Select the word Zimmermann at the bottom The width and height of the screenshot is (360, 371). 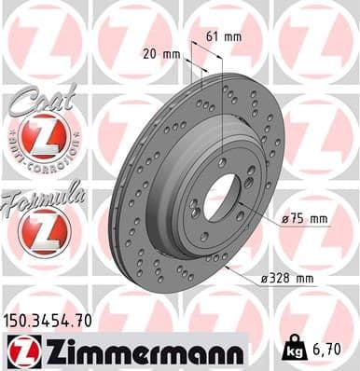tap(139, 351)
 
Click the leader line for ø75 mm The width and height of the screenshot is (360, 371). tap(266, 219)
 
